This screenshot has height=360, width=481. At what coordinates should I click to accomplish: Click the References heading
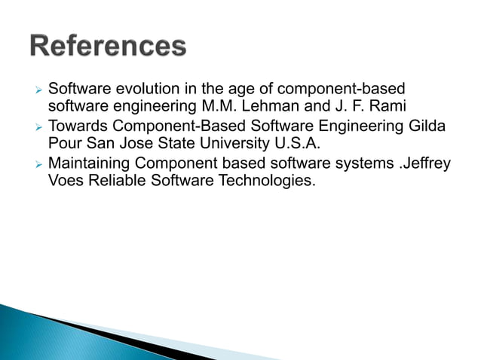(x=109, y=46)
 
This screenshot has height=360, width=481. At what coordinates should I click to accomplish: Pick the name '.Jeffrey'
(x=424, y=162)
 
